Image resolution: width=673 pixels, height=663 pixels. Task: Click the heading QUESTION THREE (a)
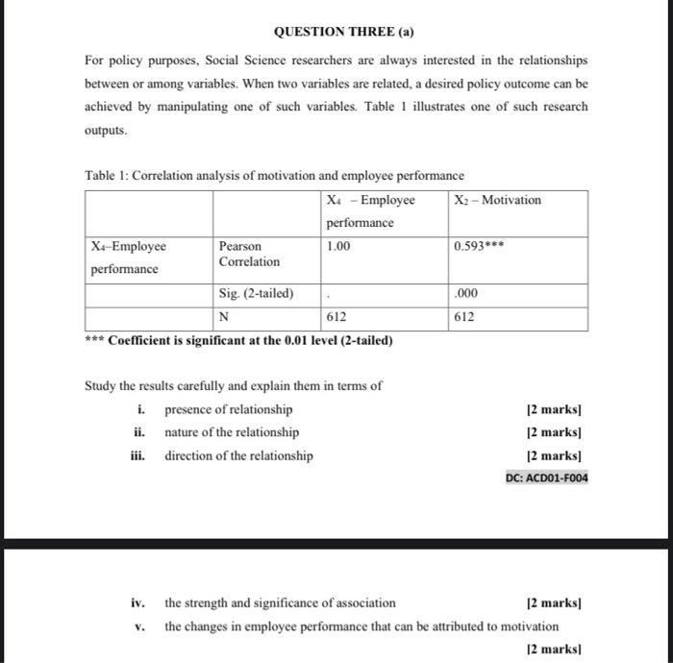click(336, 31)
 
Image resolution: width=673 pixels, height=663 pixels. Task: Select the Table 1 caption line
click(274, 176)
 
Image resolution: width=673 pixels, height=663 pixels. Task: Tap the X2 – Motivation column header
click(497, 200)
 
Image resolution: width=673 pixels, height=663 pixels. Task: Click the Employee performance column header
click(370, 211)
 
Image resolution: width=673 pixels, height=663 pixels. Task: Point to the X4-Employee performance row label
click(128, 258)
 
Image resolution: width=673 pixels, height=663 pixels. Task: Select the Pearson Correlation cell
click(249, 254)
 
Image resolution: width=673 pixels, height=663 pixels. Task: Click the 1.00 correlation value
click(338, 246)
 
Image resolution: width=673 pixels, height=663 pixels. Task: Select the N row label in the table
click(224, 317)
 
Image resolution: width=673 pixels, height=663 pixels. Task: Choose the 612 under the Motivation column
click(464, 317)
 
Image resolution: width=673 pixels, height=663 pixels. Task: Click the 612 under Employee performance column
click(336, 317)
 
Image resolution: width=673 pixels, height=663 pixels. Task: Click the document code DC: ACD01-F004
click(546, 478)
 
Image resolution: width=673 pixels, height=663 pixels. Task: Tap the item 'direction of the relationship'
click(238, 455)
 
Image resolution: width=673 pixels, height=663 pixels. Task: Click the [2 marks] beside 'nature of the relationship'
click(555, 432)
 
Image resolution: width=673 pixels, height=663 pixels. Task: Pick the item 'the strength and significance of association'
click(280, 603)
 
